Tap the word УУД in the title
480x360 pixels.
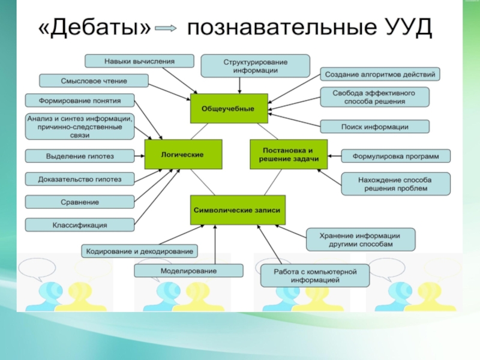(x=406, y=28)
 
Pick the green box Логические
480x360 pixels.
(x=183, y=154)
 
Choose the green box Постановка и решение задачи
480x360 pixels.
(x=289, y=154)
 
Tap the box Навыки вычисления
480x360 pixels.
(x=139, y=61)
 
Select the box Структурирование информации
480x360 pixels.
(x=255, y=65)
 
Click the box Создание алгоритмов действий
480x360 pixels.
(x=380, y=74)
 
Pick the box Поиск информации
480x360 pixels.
(x=374, y=127)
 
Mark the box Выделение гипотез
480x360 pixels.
(x=80, y=156)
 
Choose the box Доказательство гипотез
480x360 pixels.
(x=80, y=179)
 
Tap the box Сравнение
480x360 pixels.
(x=80, y=202)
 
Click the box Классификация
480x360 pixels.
(x=80, y=225)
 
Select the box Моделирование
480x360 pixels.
(x=188, y=271)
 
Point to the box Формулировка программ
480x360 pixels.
(x=395, y=156)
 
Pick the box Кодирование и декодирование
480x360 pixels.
(x=139, y=250)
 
